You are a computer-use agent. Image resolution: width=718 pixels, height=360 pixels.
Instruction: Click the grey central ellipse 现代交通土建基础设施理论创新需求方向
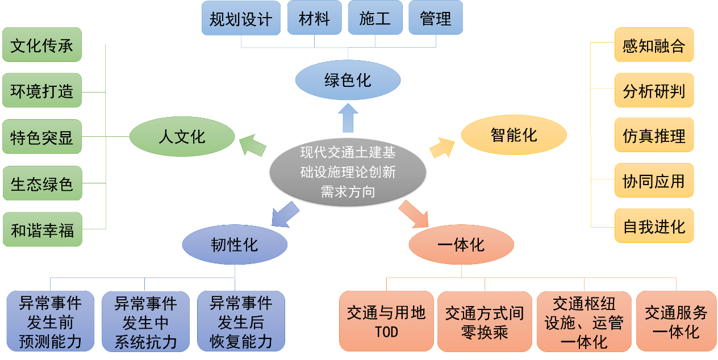click(348, 172)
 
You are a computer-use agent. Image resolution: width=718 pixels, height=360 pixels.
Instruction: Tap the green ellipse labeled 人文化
click(182, 137)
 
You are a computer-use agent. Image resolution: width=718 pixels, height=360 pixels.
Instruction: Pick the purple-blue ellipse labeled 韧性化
click(235, 245)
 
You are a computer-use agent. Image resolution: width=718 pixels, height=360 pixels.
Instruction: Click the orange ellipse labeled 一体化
click(461, 245)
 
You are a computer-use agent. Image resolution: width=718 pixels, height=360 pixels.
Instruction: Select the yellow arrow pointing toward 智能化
click(443, 147)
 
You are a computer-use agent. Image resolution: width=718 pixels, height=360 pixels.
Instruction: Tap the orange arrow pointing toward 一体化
click(414, 214)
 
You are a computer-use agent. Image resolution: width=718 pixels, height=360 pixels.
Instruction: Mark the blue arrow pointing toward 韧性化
click(285, 215)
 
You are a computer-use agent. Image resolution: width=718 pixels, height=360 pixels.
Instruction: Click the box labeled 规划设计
click(241, 18)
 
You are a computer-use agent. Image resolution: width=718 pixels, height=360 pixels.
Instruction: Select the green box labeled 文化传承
click(42, 44)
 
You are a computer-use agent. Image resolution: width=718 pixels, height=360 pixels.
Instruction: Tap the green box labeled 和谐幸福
click(42, 229)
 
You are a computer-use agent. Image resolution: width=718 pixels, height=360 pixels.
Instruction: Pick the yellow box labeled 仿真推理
click(654, 136)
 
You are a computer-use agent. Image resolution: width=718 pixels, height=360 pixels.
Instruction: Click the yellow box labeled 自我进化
click(654, 227)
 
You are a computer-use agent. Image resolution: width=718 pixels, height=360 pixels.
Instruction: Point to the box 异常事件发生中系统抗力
click(145, 321)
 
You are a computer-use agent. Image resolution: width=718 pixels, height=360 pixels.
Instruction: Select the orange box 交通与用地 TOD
click(386, 321)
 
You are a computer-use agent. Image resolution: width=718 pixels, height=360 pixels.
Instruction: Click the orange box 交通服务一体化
click(676, 321)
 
